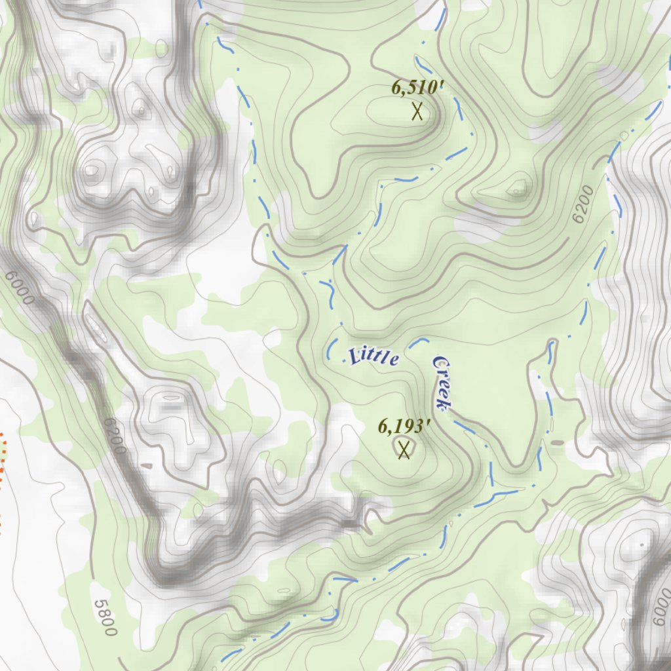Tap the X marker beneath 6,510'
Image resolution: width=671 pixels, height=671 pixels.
[x=417, y=111]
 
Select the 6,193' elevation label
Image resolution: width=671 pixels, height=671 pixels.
[x=404, y=427]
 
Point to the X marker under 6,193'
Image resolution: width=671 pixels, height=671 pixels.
[x=404, y=450]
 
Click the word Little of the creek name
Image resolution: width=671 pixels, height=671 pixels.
[x=374, y=356]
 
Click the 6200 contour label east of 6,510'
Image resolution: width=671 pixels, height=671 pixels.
[x=582, y=204]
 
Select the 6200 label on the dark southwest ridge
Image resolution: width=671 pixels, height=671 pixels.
[x=114, y=436]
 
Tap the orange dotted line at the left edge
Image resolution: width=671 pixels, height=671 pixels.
[x=3, y=459]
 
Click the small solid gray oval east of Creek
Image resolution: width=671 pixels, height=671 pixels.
[x=557, y=443]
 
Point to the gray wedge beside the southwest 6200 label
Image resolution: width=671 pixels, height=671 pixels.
[x=145, y=466]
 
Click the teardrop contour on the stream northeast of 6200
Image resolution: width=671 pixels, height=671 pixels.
[x=624, y=136]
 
